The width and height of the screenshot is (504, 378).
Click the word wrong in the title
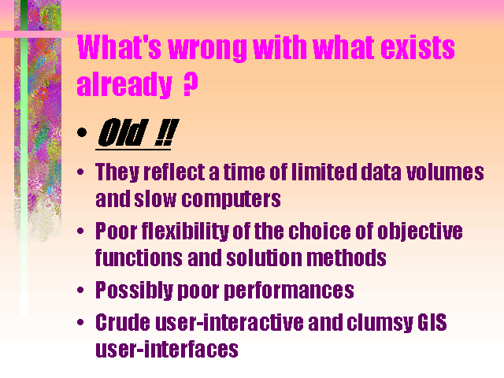coord(208,48)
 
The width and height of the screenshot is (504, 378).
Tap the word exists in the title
coord(417,47)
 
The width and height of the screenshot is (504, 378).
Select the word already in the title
coord(124,84)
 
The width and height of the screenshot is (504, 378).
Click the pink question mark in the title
coord(191,84)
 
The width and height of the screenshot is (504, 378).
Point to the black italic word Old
coord(123,132)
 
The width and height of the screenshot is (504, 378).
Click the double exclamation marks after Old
coord(166,132)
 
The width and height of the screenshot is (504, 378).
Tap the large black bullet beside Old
coord(82,132)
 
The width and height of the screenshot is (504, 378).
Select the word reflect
coord(174,172)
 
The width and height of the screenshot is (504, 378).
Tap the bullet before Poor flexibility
coord(80,231)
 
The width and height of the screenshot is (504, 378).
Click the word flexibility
coord(185,232)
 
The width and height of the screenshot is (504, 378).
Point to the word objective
coord(420,232)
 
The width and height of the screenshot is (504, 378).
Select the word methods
coord(346,258)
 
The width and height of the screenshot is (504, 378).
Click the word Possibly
coord(135,291)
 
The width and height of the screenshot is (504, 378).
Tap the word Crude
coord(123,322)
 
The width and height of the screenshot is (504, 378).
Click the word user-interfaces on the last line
coord(167,350)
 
